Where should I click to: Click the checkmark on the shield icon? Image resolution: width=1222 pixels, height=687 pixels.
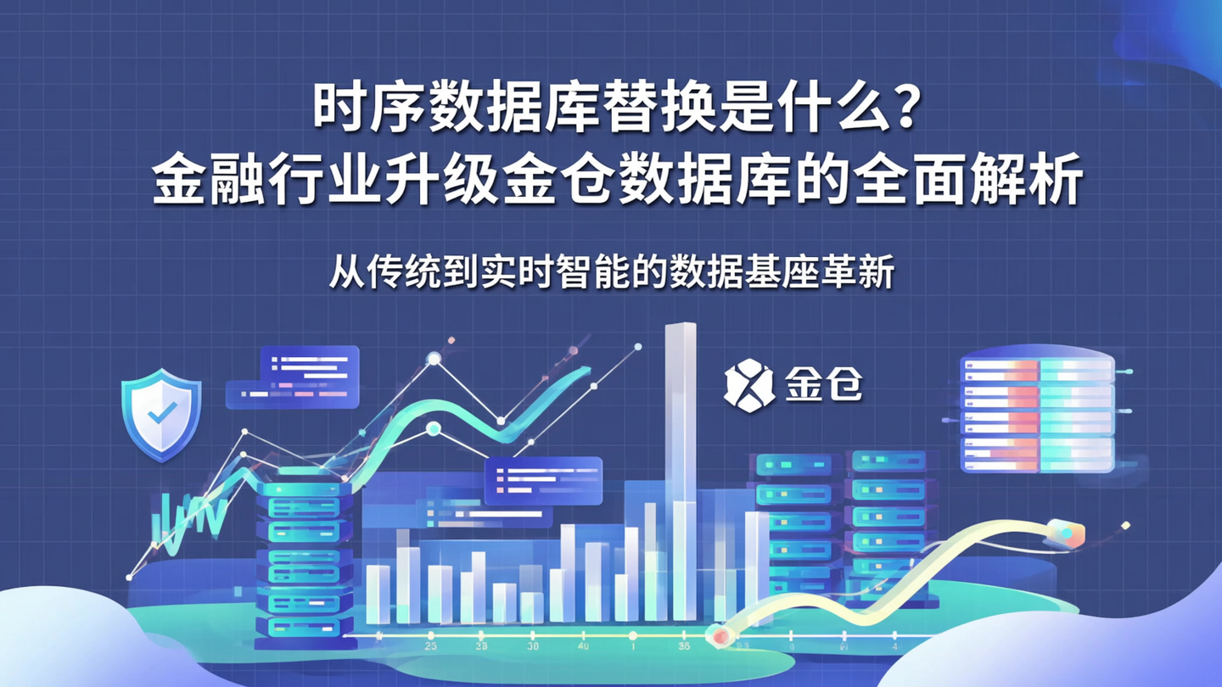[x=161, y=413]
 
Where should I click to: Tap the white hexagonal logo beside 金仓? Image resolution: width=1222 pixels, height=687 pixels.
[x=748, y=387]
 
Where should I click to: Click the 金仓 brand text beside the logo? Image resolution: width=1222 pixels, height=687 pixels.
[x=822, y=387]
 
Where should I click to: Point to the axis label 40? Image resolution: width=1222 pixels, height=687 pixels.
[x=583, y=647]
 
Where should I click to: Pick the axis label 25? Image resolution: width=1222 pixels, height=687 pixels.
[x=430, y=647]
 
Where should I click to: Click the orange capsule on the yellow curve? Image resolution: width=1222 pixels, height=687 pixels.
[x=1066, y=533]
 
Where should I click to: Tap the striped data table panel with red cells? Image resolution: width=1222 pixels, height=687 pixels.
[x=1037, y=413]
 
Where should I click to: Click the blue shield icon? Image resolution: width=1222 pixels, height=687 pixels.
[x=161, y=416]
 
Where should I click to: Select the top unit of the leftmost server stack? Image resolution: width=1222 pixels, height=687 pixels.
[x=303, y=489]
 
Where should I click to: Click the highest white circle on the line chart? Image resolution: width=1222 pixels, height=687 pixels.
[x=434, y=359]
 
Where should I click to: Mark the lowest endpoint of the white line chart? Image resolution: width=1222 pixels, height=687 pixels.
[x=129, y=578]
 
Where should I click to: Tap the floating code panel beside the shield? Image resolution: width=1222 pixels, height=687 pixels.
[x=294, y=376]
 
